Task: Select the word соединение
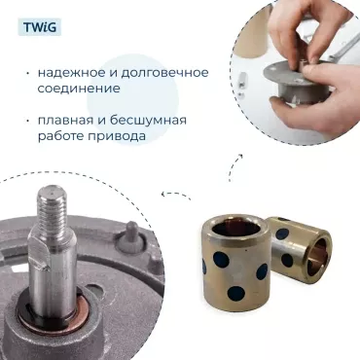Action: (80, 90)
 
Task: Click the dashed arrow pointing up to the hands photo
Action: (233, 166)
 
